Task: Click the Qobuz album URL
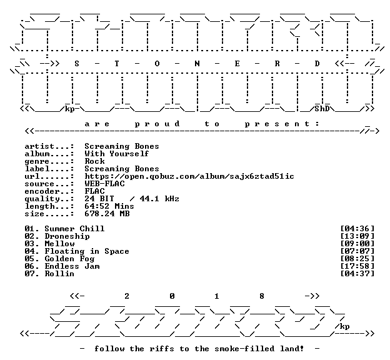pos(189,176)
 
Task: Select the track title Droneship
pos(67,236)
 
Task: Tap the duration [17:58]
pos(357,266)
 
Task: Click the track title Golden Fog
pos(69,259)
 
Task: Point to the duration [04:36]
pos(357,229)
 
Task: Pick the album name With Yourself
pos(117,154)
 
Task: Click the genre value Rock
pos(94,161)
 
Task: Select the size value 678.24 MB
pos(107,214)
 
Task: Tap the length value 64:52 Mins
pos(109,206)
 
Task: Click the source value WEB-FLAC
pos(104,184)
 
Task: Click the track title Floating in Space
pos(87,251)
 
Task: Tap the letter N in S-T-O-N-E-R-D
pos(197,64)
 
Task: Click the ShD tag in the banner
pos(322,109)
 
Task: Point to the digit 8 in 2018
pos(262,296)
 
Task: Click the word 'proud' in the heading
pos(157,124)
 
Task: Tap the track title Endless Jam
pos(72,266)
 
